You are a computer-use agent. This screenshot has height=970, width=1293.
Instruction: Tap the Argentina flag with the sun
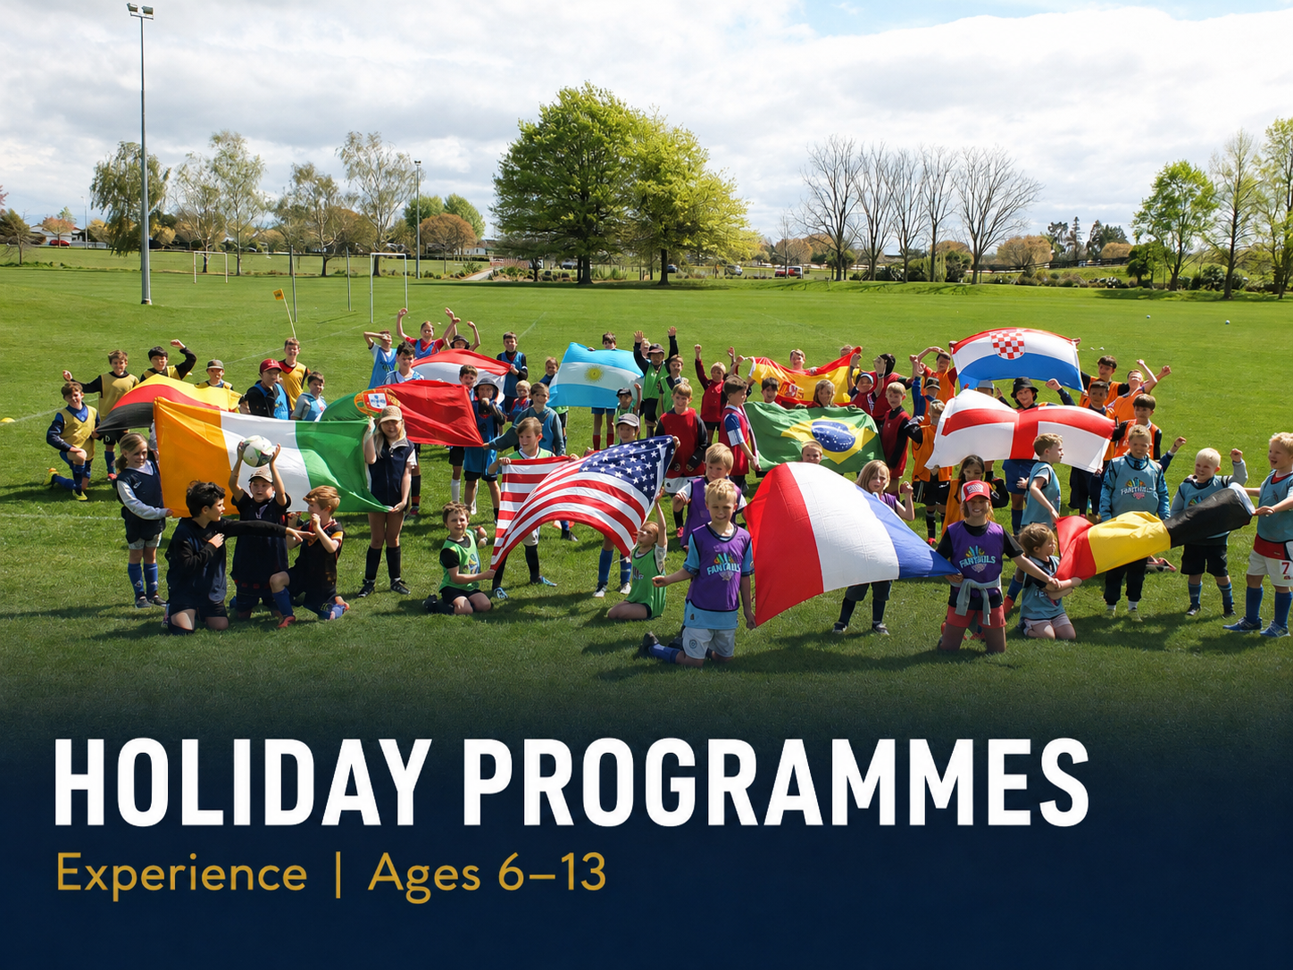(x=594, y=375)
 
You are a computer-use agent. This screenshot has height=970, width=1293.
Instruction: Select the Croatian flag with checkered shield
(x=1016, y=356)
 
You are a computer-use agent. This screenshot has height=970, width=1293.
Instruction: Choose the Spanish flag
(x=801, y=380)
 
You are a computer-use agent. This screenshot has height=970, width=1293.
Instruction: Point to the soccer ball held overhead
(x=257, y=451)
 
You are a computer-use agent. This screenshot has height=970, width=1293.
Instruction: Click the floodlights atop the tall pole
(x=140, y=11)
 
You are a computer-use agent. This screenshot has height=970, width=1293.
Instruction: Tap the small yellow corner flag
(x=279, y=295)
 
